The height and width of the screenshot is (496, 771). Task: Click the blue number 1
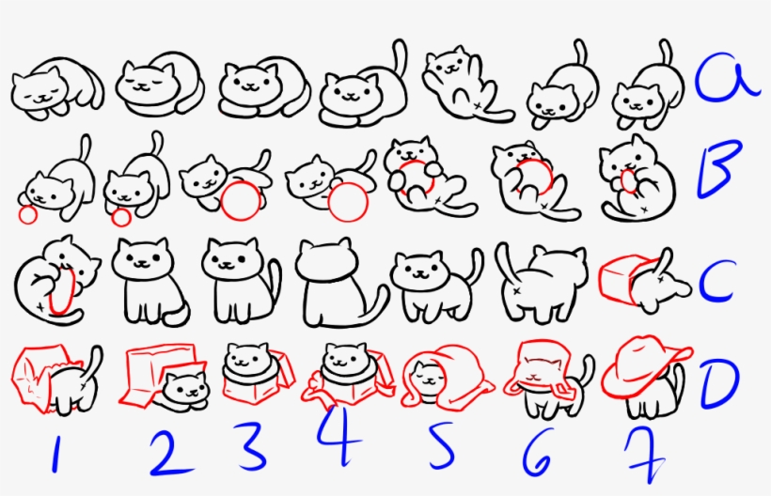pyautogui.click(x=54, y=454)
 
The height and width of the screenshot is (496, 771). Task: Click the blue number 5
pyautogui.click(x=441, y=450)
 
